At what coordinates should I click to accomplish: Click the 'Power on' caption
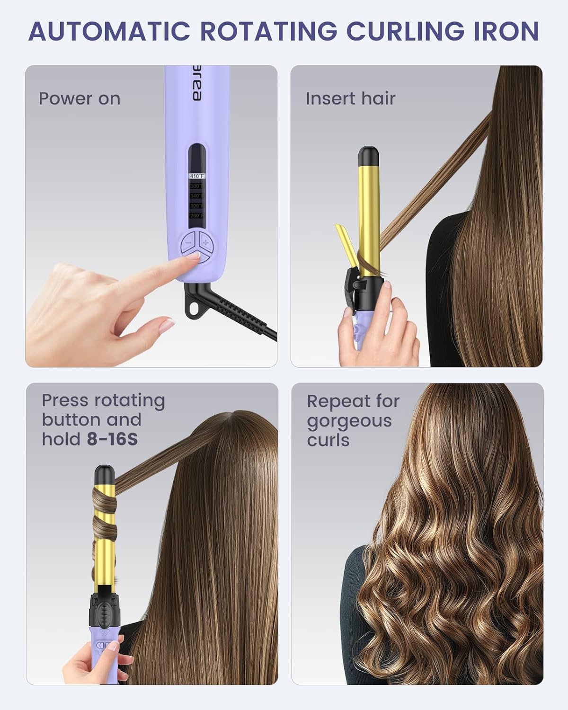[80, 98]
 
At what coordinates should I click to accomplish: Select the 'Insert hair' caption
[350, 98]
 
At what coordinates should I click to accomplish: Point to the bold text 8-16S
[112, 439]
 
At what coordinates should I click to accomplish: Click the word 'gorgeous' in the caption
[349, 421]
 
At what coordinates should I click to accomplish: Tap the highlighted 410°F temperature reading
[197, 176]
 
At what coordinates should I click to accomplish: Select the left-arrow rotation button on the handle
[100, 645]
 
